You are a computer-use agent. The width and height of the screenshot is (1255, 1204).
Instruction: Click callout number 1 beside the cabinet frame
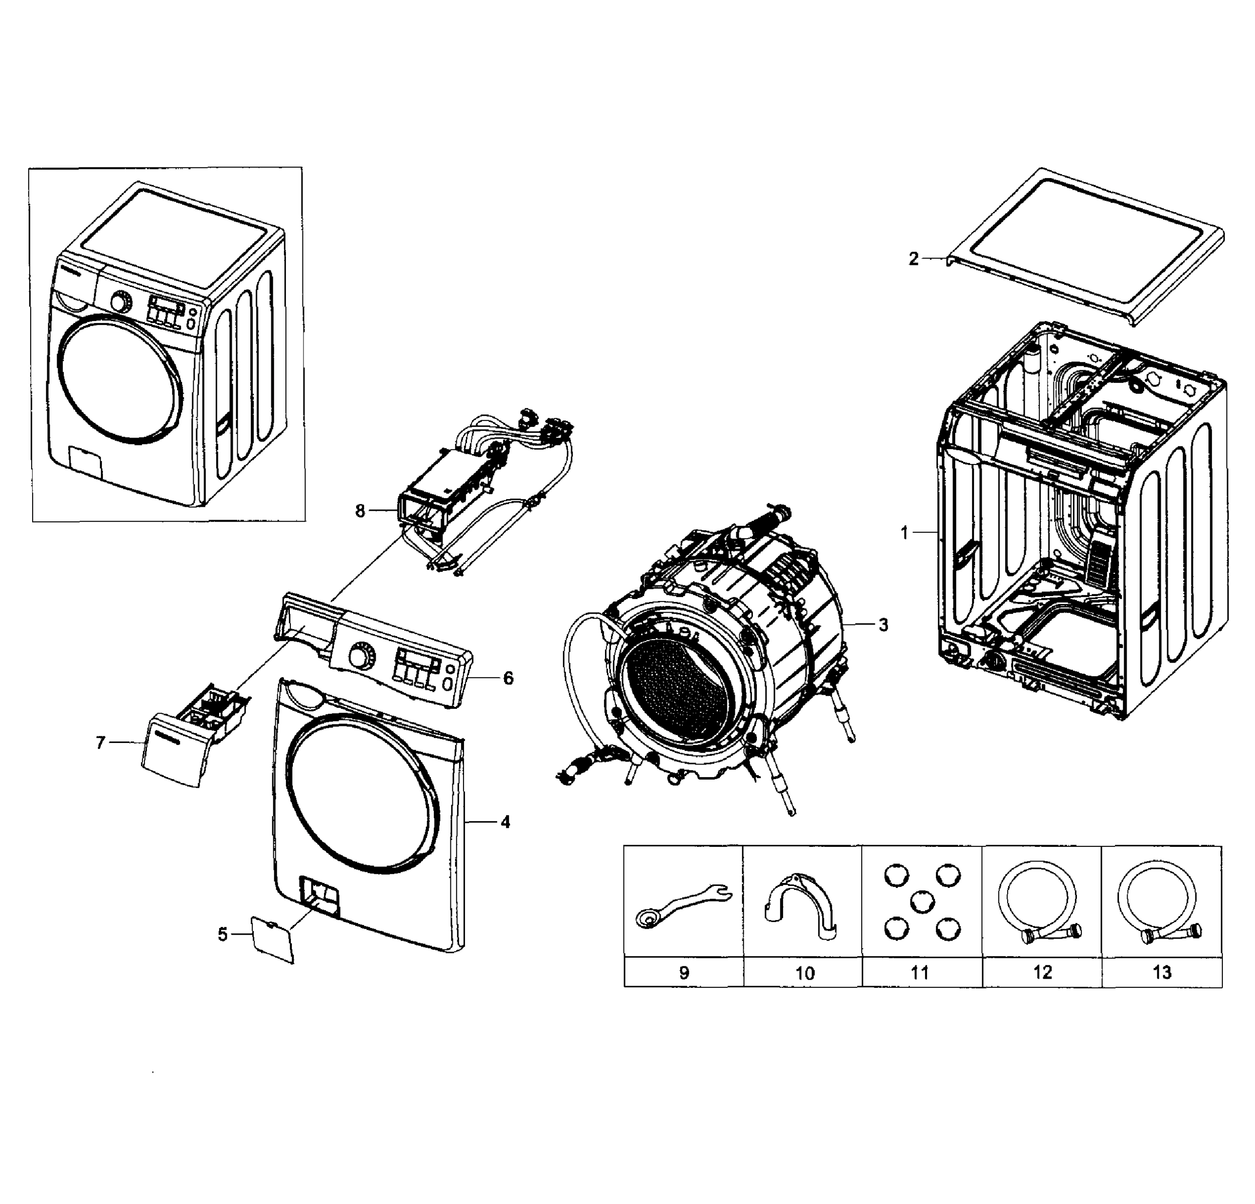(x=904, y=532)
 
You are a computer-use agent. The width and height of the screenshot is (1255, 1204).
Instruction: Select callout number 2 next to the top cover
(x=913, y=259)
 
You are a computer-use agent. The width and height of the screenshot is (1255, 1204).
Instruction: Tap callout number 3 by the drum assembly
(x=884, y=625)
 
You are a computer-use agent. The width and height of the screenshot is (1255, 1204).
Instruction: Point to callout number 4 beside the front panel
(x=505, y=822)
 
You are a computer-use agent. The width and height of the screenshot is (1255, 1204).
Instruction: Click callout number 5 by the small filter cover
(x=222, y=935)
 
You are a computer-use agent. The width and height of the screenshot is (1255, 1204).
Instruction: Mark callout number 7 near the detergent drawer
(x=100, y=742)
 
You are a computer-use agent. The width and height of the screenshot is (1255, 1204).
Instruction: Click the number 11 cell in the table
(x=920, y=972)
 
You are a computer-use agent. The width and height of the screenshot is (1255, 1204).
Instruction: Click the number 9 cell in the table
(x=683, y=972)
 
